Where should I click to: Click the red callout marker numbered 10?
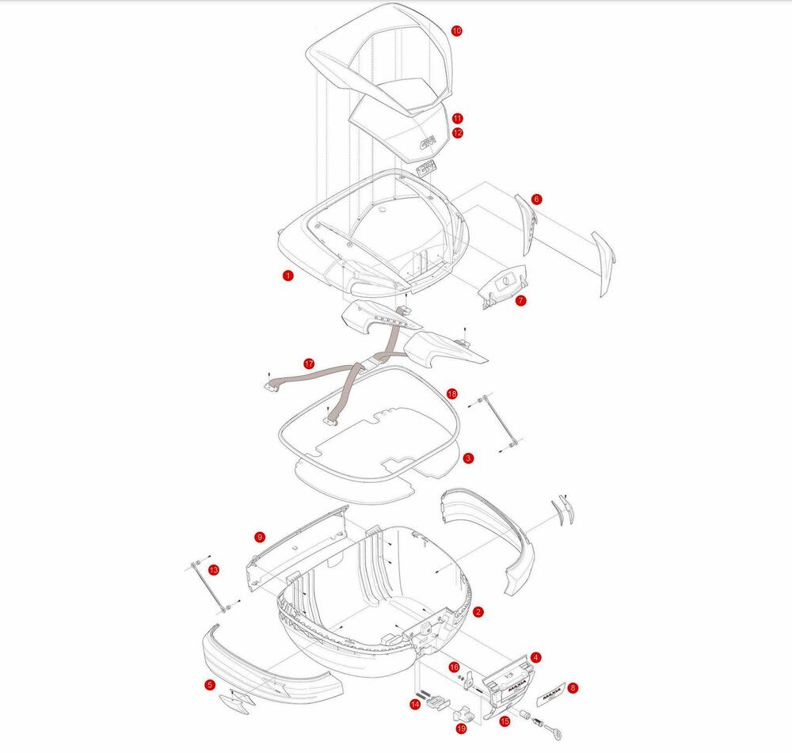[x=456, y=30]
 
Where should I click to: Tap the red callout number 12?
[x=458, y=133]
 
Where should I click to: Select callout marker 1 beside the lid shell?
[x=288, y=276]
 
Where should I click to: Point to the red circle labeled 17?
[x=309, y=363]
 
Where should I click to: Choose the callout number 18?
[x=451, y=394]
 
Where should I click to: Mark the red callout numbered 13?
[x=214, y=569]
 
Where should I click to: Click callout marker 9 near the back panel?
[x=260, y=537]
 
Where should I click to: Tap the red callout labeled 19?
[x=461, y=728]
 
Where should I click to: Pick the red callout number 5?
[x=210, y=684]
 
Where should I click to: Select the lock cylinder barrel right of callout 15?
[x=524, y=714]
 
